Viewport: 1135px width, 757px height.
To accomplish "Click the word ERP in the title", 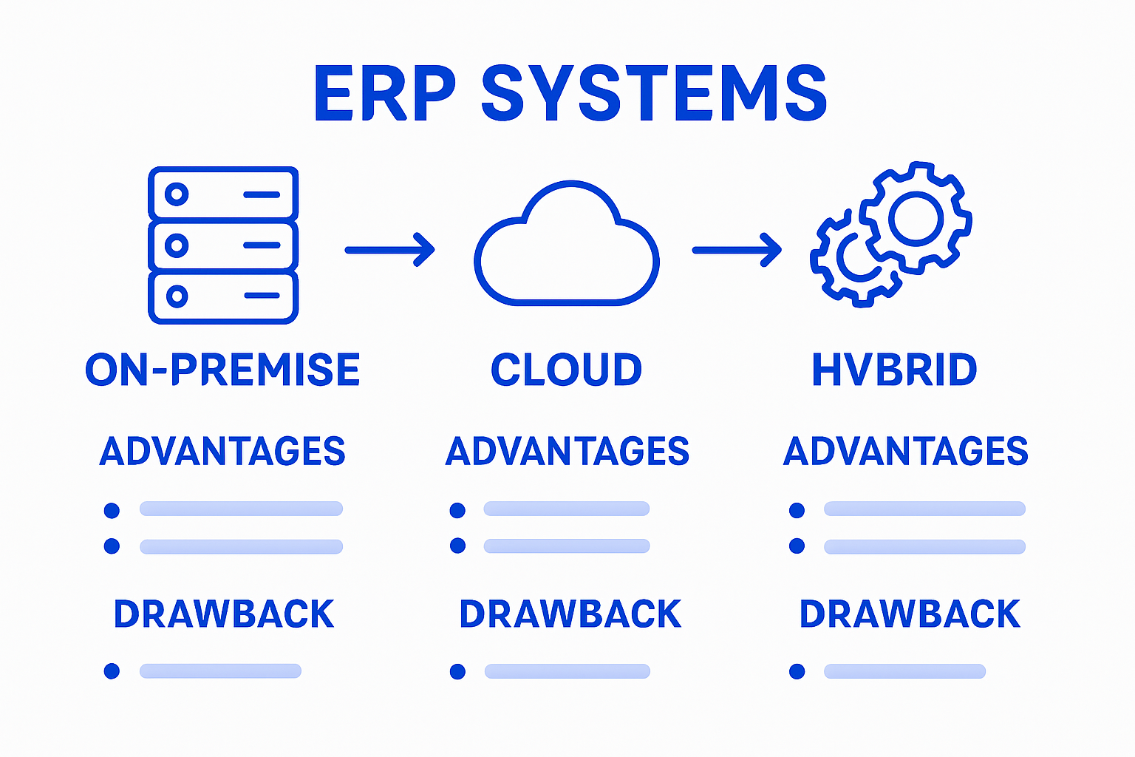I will coord(384,94).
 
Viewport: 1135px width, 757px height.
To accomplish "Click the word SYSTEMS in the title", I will coord(654,94).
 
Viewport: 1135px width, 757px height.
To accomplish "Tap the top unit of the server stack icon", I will coord(223,194).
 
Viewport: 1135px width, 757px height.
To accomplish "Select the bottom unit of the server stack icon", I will coord(223,297).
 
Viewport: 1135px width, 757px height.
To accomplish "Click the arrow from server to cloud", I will coord(389,250).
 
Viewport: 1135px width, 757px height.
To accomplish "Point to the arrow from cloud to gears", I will coord(737,250).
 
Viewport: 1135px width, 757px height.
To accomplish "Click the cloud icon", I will coord(566,248).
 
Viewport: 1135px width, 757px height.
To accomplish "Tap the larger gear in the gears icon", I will coord(916,218).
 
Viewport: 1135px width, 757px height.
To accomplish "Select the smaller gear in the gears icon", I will coord(856,260).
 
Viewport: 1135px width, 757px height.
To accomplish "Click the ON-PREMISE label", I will coord(222,370).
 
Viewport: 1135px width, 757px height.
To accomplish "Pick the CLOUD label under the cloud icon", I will coord(566,370).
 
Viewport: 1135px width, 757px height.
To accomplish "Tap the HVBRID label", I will coord(894,370).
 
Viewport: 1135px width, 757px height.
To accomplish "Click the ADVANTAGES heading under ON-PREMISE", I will coord(222,451).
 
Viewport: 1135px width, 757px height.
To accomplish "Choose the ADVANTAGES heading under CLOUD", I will coord(567,451).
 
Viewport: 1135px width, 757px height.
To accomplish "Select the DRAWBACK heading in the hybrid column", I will coord(910,614).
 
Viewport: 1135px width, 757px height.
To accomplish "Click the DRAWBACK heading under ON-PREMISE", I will coord(223,614).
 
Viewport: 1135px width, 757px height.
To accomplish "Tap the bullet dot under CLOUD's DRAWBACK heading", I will coord(457,671).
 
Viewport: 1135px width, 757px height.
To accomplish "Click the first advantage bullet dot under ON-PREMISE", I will coord(112,510).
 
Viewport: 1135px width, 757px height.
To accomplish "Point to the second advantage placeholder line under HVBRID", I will coord(924,546).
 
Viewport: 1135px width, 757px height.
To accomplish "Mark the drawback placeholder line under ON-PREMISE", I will coord(220,671).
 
